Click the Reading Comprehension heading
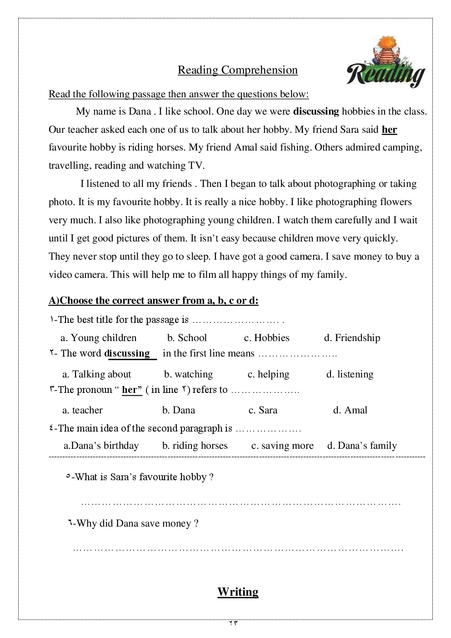pyautogui.click(x=237, y=70)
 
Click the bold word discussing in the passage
pyautogui.click(x=316, y=111)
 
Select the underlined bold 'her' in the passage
pyautogui.click(x=389, y=130)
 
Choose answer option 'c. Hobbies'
pyautogui.click(x=266, y=338)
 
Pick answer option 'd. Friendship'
pyautogui.click(x=352, y=338)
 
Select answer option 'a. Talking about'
pyautogui.click(x=96, y=374)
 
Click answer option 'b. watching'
pyautogui.click(x=188, y=374)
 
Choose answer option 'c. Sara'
pyautogui.click(x=263, y=410)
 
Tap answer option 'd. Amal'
pyautogui.click(x=350, y=410)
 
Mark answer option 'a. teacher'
pyautogui.click(x=82, y=410)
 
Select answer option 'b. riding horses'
pyautogui.click(x=195, y=446)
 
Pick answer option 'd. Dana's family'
pyautogui.click(x=362, y=446)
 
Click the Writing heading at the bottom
pyautogui.click(x=238, y=592)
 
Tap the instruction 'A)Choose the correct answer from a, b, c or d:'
pyautogui.click(x=154, y=301)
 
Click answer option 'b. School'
pyautogui.click(x=187, y=338)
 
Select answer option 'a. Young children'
pyautogui.click(x=98, y=338)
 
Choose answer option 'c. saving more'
pyautogui.click(x=282, y=446)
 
